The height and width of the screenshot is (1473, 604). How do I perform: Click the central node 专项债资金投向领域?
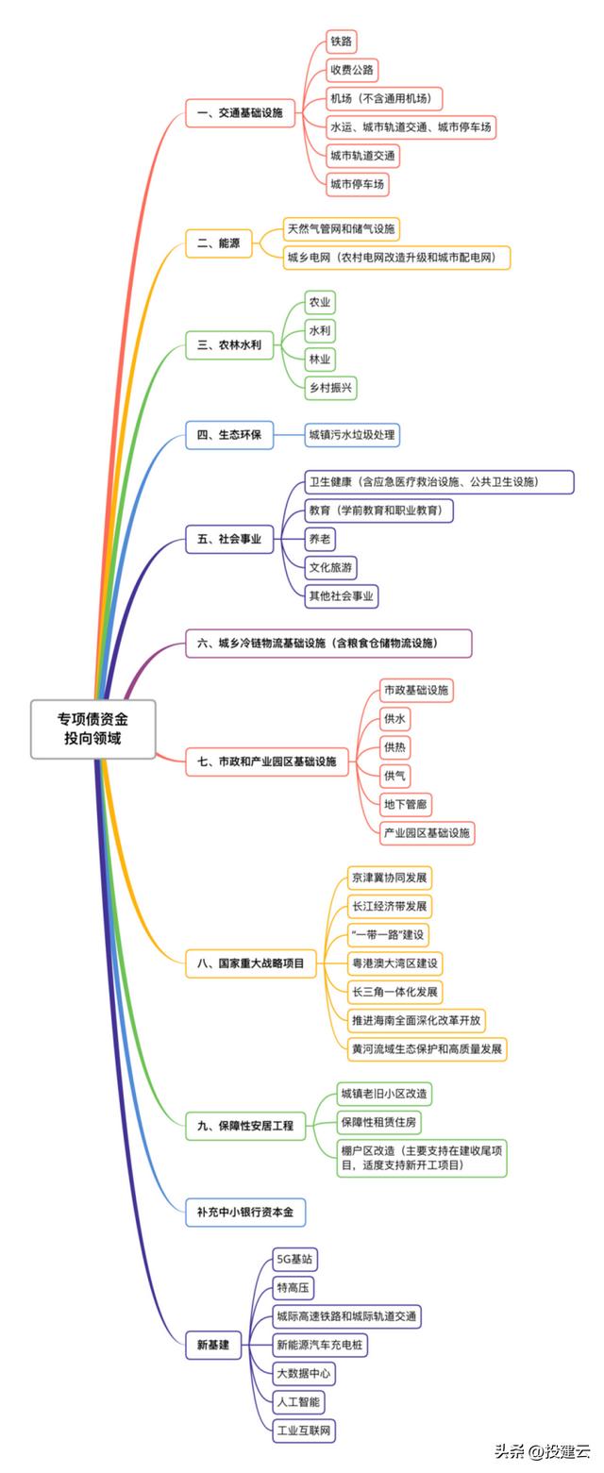tap(92, 728)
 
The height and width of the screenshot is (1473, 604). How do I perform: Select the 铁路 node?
tap(341, 42)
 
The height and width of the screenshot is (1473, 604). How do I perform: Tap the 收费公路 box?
tap(352, 70)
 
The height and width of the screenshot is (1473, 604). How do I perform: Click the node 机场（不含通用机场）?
tap(384, 99)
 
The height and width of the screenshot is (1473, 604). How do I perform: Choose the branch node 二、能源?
tap(218, 243)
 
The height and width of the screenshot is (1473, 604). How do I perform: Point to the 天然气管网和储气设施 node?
tap(342, 229)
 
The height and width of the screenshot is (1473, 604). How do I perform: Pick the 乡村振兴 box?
tap(330, 387)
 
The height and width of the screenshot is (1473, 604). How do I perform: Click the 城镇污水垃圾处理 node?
tap(352, 435)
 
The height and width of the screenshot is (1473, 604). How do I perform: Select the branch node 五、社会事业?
tap(229, 539)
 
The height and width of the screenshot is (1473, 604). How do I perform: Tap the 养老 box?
tap(320, 539)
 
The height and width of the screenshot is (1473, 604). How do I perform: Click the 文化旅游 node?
tap(331, 567)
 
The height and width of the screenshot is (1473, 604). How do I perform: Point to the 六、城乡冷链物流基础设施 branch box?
tap(329, 644)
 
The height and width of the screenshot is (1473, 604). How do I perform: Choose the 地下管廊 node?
tap(405, 804)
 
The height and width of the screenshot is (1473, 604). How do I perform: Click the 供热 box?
tap(394, 747)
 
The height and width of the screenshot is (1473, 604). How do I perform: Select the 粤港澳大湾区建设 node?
tap(394, 963)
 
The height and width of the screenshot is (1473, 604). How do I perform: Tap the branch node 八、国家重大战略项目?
tap(251, 963)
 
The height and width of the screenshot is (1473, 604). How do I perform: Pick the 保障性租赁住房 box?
tap(379, 1122)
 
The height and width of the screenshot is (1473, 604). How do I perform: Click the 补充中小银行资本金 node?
tap(245, 1212)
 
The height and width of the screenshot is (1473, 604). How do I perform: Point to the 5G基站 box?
tap(294, 1260)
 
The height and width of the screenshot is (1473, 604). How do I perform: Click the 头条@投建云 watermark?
tap(542, 1450)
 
